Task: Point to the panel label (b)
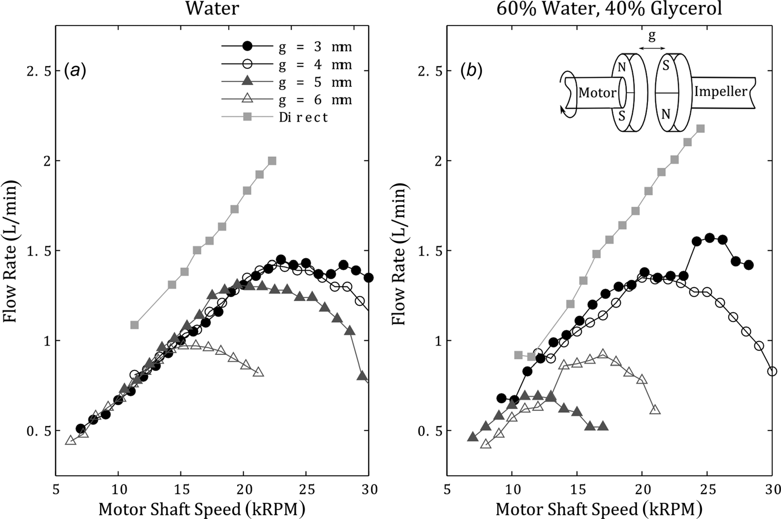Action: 471,70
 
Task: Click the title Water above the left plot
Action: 212,9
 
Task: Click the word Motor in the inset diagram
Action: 597,93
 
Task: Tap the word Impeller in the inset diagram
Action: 720,91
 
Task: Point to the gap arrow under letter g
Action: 648,49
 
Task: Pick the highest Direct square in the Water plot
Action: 272,161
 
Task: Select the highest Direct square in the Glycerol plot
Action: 701,128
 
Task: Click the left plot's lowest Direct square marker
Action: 134,324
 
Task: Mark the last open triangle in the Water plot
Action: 258,372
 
